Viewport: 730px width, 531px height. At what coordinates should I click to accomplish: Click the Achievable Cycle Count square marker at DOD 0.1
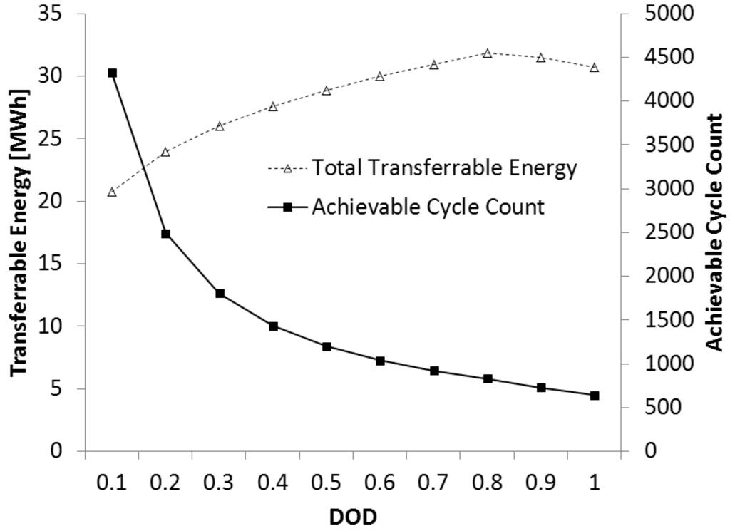112,73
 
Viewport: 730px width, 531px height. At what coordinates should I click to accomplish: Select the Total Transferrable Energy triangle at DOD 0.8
488,53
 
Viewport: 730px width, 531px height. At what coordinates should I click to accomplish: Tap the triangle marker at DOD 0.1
112,192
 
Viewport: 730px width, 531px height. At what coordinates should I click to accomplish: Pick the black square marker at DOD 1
595,396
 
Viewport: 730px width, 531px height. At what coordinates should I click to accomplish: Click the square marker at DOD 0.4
273,326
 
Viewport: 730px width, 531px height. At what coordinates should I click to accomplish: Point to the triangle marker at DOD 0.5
327,91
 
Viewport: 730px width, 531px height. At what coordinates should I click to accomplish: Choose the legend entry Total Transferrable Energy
442,169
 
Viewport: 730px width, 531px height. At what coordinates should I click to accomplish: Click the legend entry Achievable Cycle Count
428,207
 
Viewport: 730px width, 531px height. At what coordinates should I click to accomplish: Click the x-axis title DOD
353,516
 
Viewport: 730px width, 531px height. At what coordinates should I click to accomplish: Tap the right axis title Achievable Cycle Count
714,232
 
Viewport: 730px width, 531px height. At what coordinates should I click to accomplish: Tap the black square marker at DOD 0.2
165,234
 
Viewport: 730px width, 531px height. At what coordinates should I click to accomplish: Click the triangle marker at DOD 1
595,68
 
